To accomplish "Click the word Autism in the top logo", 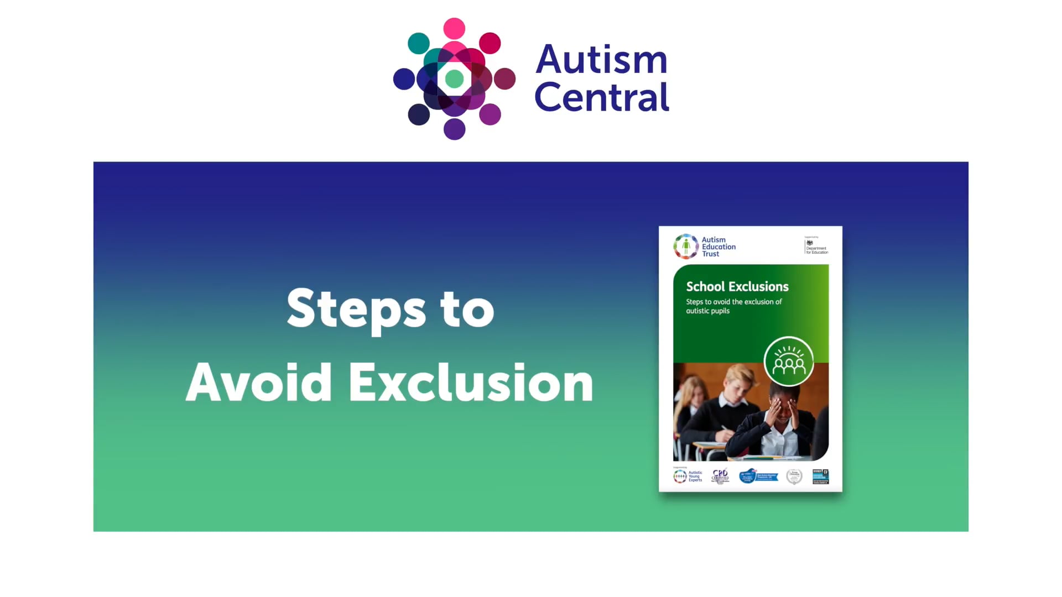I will (x=601, y=59).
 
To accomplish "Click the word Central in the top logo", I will (x=601, y=98).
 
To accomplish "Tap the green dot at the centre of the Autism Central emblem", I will (x=454, y=79).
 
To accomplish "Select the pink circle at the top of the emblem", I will (x=454, y=28).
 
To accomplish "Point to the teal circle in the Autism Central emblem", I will (x=419, y=43).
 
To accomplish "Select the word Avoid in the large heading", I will (x=258, y=383).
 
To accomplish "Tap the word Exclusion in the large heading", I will (x=471, y=383).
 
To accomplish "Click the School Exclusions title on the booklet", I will (x=737, y=286).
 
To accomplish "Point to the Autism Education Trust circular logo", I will (x=686, y=247).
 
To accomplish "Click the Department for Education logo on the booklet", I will (x=816, y=246).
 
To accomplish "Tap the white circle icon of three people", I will (x=789, y=362).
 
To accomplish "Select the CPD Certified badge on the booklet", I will (x=720, y=476).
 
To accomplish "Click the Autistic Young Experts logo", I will (x=688, y=476).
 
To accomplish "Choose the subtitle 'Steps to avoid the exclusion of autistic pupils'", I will (x=734, y=306).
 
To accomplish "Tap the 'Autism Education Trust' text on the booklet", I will (x=719, y=247).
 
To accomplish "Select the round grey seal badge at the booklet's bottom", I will (x=794, y=476).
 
